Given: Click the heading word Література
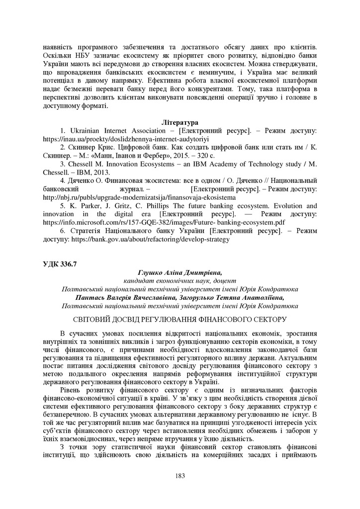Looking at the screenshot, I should point(180,122).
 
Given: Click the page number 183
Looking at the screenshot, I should point(180,476).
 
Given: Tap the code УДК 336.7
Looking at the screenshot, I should point(60,263).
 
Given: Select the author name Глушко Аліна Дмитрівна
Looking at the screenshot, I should point(180,272).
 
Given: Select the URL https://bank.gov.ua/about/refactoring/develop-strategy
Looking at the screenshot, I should point(151,239).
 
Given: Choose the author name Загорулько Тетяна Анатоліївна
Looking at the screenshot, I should point(233,297).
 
